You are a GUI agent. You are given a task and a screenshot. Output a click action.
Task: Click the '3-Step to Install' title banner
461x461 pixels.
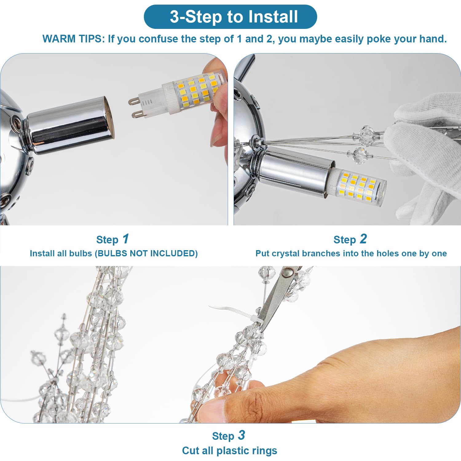(x=230, y=17)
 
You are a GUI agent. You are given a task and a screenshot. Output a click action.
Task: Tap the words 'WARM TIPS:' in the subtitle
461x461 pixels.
(x=74, y=39)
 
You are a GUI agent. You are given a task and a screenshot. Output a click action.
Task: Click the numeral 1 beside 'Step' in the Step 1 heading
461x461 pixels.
(x=125, y=239)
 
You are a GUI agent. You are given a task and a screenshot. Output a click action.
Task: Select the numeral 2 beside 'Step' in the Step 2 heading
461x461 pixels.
(x=363, y=239)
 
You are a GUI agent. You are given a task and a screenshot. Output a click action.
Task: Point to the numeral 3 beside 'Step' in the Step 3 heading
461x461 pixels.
(x=242, y=435)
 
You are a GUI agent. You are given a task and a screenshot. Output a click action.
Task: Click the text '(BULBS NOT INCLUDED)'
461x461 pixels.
(x=146, y=254)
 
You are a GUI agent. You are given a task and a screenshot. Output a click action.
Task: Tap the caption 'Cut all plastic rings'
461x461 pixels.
(x=230, y=451)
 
